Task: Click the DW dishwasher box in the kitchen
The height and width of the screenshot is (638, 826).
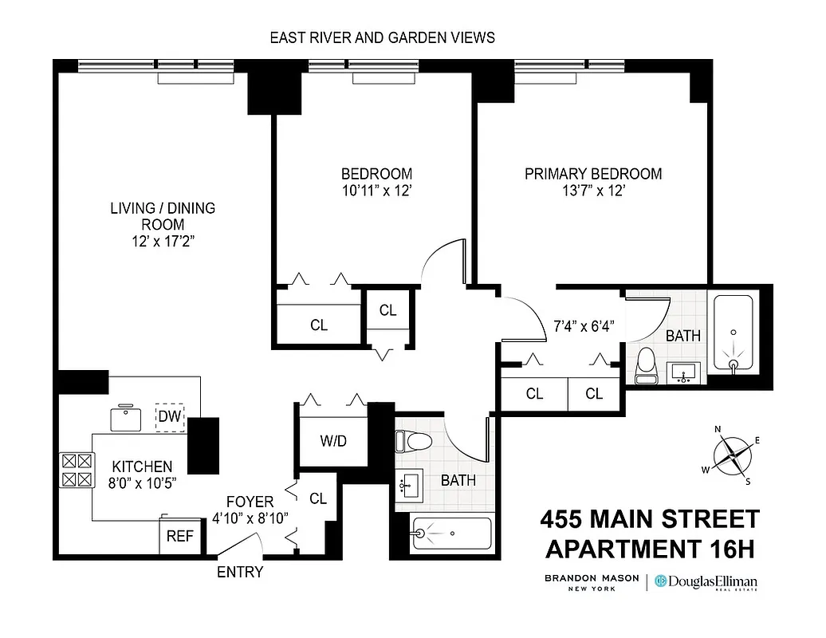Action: [x=170, y=415]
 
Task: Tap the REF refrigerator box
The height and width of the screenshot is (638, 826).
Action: [x=179, y=536]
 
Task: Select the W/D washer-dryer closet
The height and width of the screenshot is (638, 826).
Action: [x=332, y=441]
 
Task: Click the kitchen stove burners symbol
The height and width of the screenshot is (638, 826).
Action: [x=77, y=470]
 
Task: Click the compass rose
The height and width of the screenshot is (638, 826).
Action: [x=732, y=456]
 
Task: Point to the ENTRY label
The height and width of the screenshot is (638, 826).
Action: [x=240, y=572]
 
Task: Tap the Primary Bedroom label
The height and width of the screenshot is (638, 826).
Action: [x=592, y=174]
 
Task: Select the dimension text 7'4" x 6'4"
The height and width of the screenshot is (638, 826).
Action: [x=584, y=325]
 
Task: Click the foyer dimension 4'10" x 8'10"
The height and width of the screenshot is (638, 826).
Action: [x=250, y=518]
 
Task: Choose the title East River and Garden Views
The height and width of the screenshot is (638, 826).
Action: [x=382, y=37]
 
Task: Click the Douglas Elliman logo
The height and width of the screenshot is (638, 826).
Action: [x=706, y=582]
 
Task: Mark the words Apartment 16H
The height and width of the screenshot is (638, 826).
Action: [x=649, y=549]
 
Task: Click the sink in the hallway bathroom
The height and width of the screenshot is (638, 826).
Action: [x=412, y=483]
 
